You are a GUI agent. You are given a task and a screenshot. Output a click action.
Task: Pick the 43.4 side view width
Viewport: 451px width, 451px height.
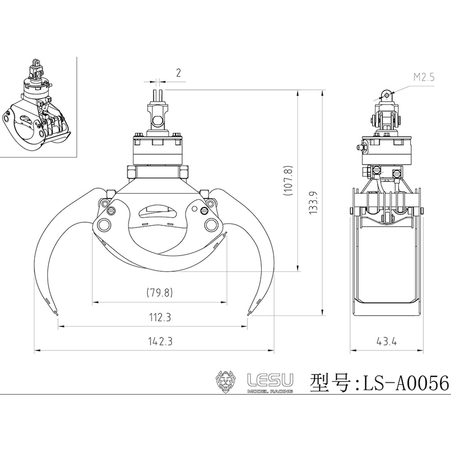coord(387,341)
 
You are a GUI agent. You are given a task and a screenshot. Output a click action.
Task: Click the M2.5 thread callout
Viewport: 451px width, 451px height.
coord(423,77)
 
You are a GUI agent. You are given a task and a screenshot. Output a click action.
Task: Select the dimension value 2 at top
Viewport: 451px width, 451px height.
coord(179,73)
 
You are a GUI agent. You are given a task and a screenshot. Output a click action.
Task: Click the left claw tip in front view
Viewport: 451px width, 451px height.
coord(57,312)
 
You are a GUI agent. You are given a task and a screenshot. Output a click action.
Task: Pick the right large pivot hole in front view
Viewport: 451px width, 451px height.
coord(210,224)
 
